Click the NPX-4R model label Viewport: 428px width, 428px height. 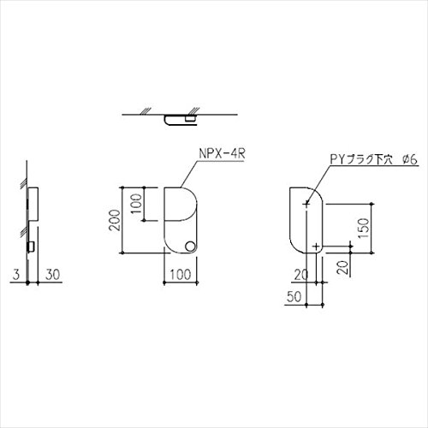[x=222, y=154]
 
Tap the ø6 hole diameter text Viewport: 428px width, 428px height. [x=410, y=159]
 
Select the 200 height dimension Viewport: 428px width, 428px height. [x=115, y=220]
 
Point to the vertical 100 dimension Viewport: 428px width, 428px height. [x=137, y=204]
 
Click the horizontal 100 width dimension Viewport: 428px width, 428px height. [x=181, y=275]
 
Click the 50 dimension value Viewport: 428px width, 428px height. [x=294, y=297]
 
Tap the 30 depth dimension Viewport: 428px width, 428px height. [x=53, y=275]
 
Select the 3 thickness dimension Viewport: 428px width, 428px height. [x=16, y=275]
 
